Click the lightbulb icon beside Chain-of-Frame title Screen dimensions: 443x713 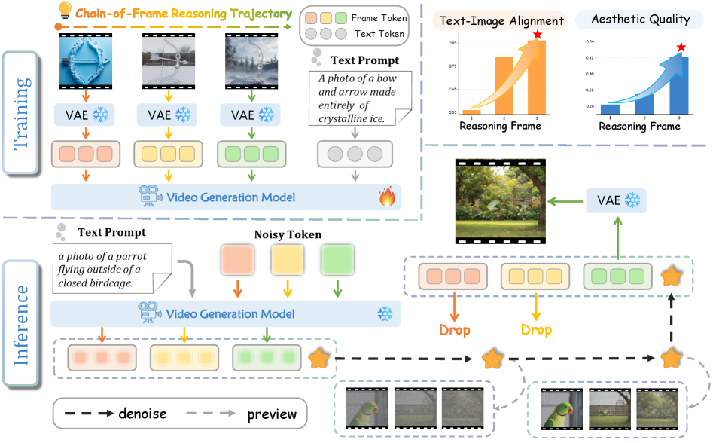coord(66,13)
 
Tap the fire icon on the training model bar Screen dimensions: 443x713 coord(387,197)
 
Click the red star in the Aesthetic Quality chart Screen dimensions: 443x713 coord(681,47)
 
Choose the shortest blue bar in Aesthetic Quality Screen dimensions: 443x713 coord(610,109)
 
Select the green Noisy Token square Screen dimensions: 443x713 coord(338,261)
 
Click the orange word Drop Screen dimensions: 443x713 coord(454,330)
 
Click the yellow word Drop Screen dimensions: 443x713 coord(536,330)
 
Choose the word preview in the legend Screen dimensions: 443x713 coord(272,414)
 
